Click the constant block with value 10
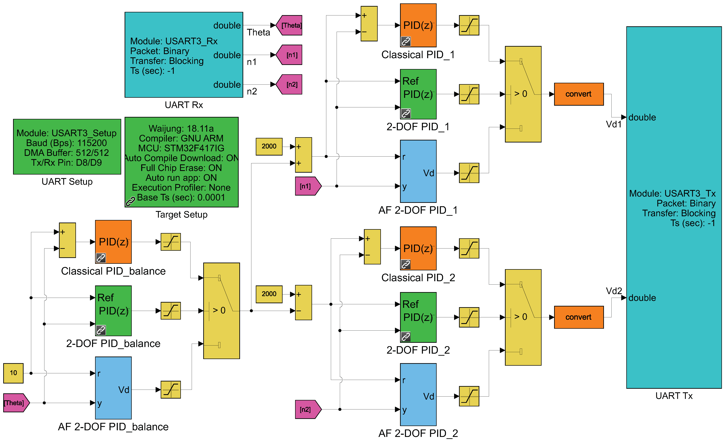[13, 373]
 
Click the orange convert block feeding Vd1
[578, 94]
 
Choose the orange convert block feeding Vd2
[578, 317]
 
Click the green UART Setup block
[67, 147]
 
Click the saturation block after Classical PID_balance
[171, 242]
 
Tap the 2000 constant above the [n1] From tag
[269, 146]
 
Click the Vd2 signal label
[614, 291]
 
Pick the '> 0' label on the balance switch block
[219, 310]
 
